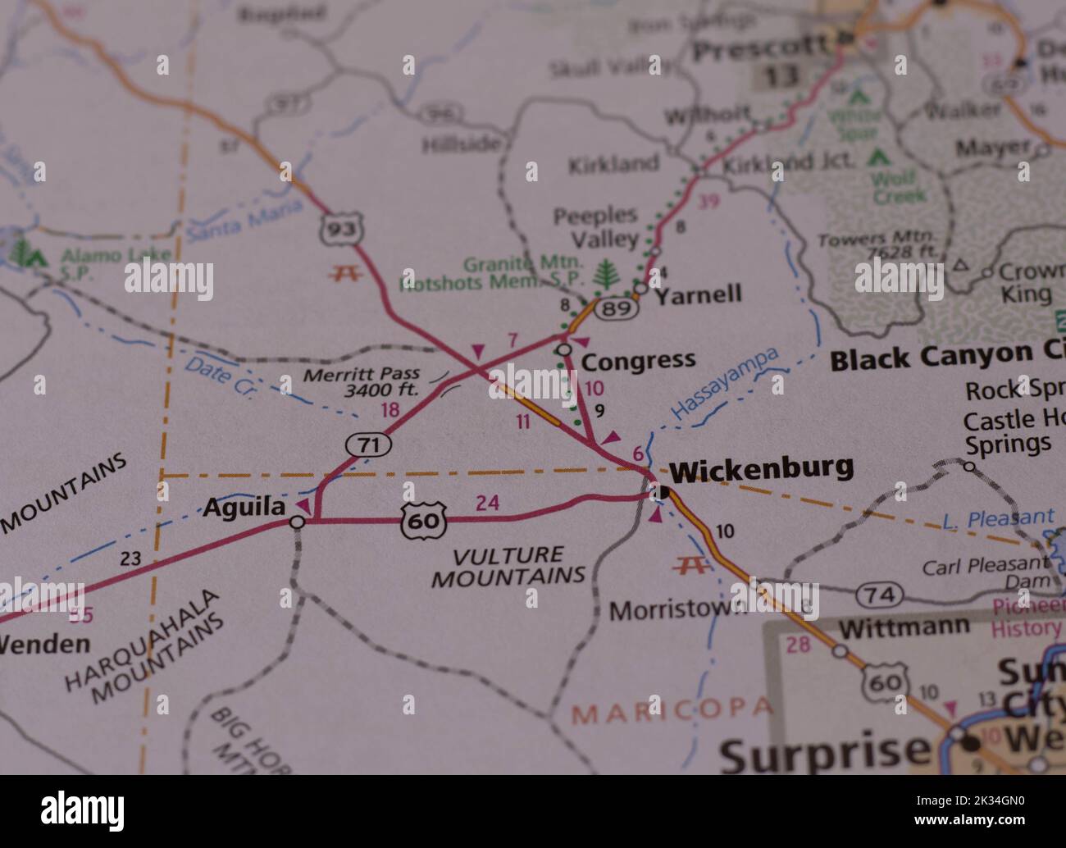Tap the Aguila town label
pos(244,508)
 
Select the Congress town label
pos(638,360)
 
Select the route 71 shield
pos(368,445)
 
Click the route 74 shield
pos(880,595)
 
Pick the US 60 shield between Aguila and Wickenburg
pos(424,521)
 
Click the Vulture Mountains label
pos(509,566)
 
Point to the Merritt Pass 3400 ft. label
pos(361,383)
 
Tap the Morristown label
pos(677,610)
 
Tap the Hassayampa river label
pos(724,384)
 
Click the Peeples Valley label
pos(595,227)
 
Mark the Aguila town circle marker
pos(298,522)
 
